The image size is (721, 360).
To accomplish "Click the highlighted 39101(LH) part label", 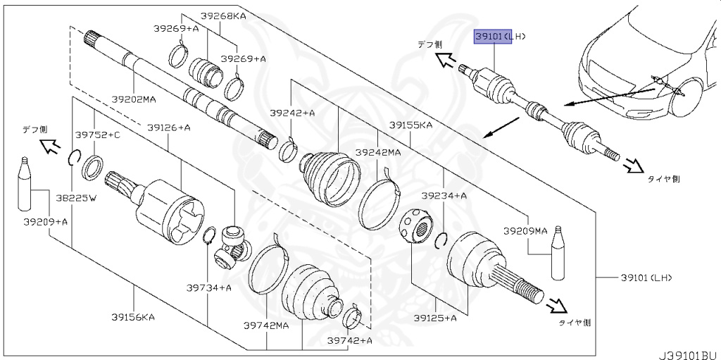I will point(499,36).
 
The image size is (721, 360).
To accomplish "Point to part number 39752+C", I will point(98,135).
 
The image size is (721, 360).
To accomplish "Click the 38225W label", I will point(76,198).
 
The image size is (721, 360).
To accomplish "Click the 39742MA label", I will point(266,325).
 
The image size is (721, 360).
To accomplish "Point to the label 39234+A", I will point(444,195).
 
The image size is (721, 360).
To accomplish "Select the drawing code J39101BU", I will point(688,349).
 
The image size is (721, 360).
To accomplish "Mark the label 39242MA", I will point(377,152).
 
